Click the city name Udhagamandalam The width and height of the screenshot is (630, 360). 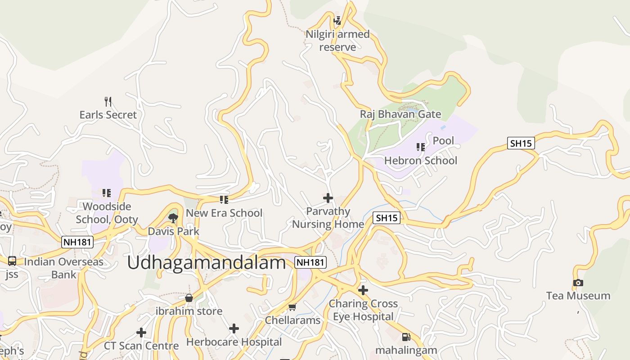coord(206,262)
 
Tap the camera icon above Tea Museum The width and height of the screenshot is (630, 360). coord(578,283)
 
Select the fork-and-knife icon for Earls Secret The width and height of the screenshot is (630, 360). coord(108,101)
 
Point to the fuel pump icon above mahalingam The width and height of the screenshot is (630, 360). coord(406,337)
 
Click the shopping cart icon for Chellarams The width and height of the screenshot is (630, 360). coord(292,307)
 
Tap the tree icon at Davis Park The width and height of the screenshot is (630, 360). coord(173,218)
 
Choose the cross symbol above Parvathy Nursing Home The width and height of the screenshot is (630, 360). coord(328,198)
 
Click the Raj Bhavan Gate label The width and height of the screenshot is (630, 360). coord(400,114)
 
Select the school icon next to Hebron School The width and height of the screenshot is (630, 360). coord(421,147)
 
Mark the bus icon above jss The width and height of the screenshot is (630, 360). coord(12,261)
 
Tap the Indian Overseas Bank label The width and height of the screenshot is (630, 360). coord(63,268)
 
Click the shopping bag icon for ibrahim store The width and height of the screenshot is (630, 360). coord(189,298)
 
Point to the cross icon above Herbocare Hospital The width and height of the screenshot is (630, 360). coord(234,328)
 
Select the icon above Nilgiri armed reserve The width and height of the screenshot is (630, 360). coord(337,21)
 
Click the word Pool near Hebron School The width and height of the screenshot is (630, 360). coord(443,141)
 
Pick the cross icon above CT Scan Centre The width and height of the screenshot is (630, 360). coord(141,333)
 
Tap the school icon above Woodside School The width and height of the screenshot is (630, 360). coord(107,193)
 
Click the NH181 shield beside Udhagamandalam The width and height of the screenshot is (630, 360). coord(310,262)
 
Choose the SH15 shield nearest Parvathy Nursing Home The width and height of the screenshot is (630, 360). coord(387,218)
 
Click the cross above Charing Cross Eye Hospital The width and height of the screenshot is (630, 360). coord(363,290)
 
